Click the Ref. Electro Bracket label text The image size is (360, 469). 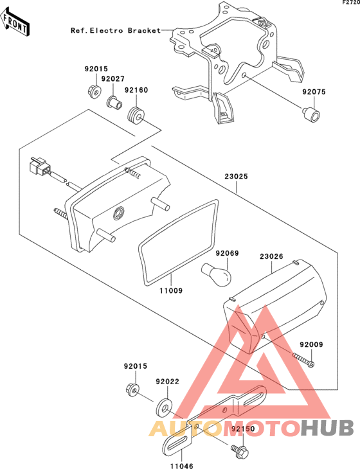tap(116, 30)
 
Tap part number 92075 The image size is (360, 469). tap(314, 92)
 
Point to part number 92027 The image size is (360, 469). tap(113, 78)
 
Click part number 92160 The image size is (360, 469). tap(136, 90)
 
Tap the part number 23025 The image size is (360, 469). tap(237, 177)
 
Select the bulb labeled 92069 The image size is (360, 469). tap(216, 274)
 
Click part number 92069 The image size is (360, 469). tap(228, 253)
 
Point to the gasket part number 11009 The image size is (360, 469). tap(171, 290)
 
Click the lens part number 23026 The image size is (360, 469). tap(271, 256)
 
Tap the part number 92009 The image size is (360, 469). tap(312, 344)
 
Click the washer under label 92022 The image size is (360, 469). tap(163, 407)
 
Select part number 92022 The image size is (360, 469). tap(168, 382)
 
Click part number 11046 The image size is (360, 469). tap(182, 466)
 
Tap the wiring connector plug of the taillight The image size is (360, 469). tap(39, 167)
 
